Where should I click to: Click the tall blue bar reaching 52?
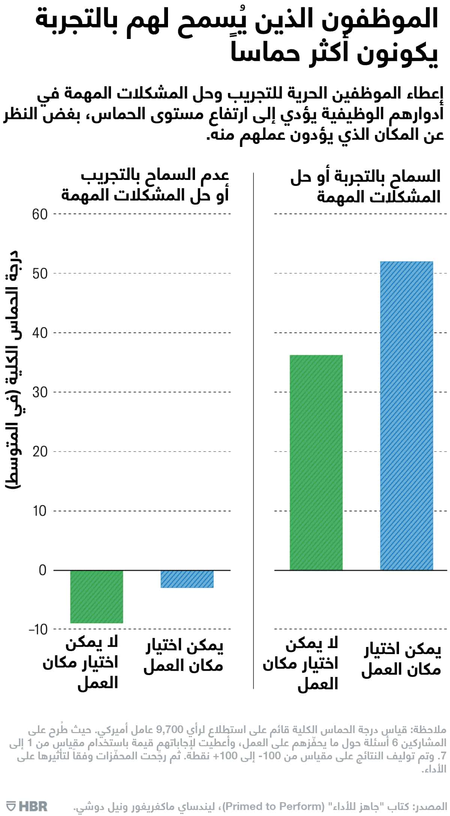[406, 416]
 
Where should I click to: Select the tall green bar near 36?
[316, 463]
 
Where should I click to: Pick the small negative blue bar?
[187, 579]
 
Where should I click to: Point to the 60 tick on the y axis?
[40, 214]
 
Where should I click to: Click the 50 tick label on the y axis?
[40, 274]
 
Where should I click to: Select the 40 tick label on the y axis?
[40, 333]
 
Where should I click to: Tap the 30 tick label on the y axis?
[40, 392]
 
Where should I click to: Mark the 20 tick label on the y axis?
[40, 452]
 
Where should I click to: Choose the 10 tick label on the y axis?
[40, 511]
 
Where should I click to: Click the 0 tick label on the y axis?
[42, 570]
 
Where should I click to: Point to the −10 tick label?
[38, 629]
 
